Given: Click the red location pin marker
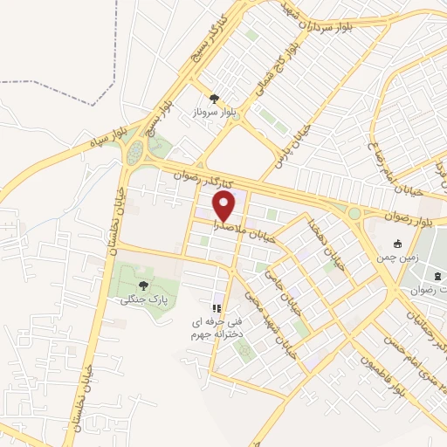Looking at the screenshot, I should click(225, 206).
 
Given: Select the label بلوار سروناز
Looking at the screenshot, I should click(214, 113).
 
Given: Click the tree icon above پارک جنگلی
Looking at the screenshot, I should click(144, 285).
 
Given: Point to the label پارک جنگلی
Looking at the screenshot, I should click(144, 299).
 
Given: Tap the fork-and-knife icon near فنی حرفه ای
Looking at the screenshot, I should click(217, 308).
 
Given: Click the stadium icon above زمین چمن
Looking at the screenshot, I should click(398, 244).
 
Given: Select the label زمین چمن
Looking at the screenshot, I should click(398, 258).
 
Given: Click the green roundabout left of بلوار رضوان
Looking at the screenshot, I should click(354, 213).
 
